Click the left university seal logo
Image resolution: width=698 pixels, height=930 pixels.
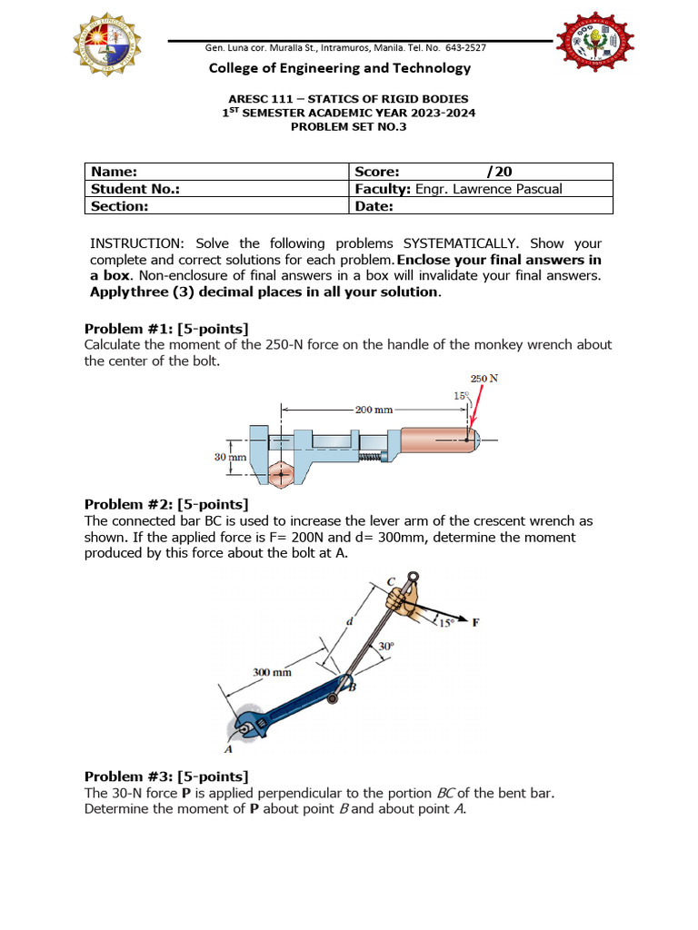107,45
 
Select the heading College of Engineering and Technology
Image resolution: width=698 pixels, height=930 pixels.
340,68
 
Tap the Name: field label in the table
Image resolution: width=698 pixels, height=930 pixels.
112,171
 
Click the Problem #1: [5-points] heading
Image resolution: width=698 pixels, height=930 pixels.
166,328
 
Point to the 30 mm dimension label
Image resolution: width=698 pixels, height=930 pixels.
230,458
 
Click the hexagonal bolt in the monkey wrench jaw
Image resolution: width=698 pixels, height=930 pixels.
282,474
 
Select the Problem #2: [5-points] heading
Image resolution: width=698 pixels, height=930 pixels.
166,504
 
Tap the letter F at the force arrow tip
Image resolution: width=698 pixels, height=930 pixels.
474,622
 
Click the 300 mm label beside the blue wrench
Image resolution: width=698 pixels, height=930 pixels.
272,673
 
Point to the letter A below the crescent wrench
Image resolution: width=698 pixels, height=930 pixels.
228,749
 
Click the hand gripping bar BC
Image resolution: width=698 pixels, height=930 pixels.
404,602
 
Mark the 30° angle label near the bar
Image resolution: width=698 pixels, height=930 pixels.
385,647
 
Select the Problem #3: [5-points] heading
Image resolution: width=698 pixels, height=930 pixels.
166,776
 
